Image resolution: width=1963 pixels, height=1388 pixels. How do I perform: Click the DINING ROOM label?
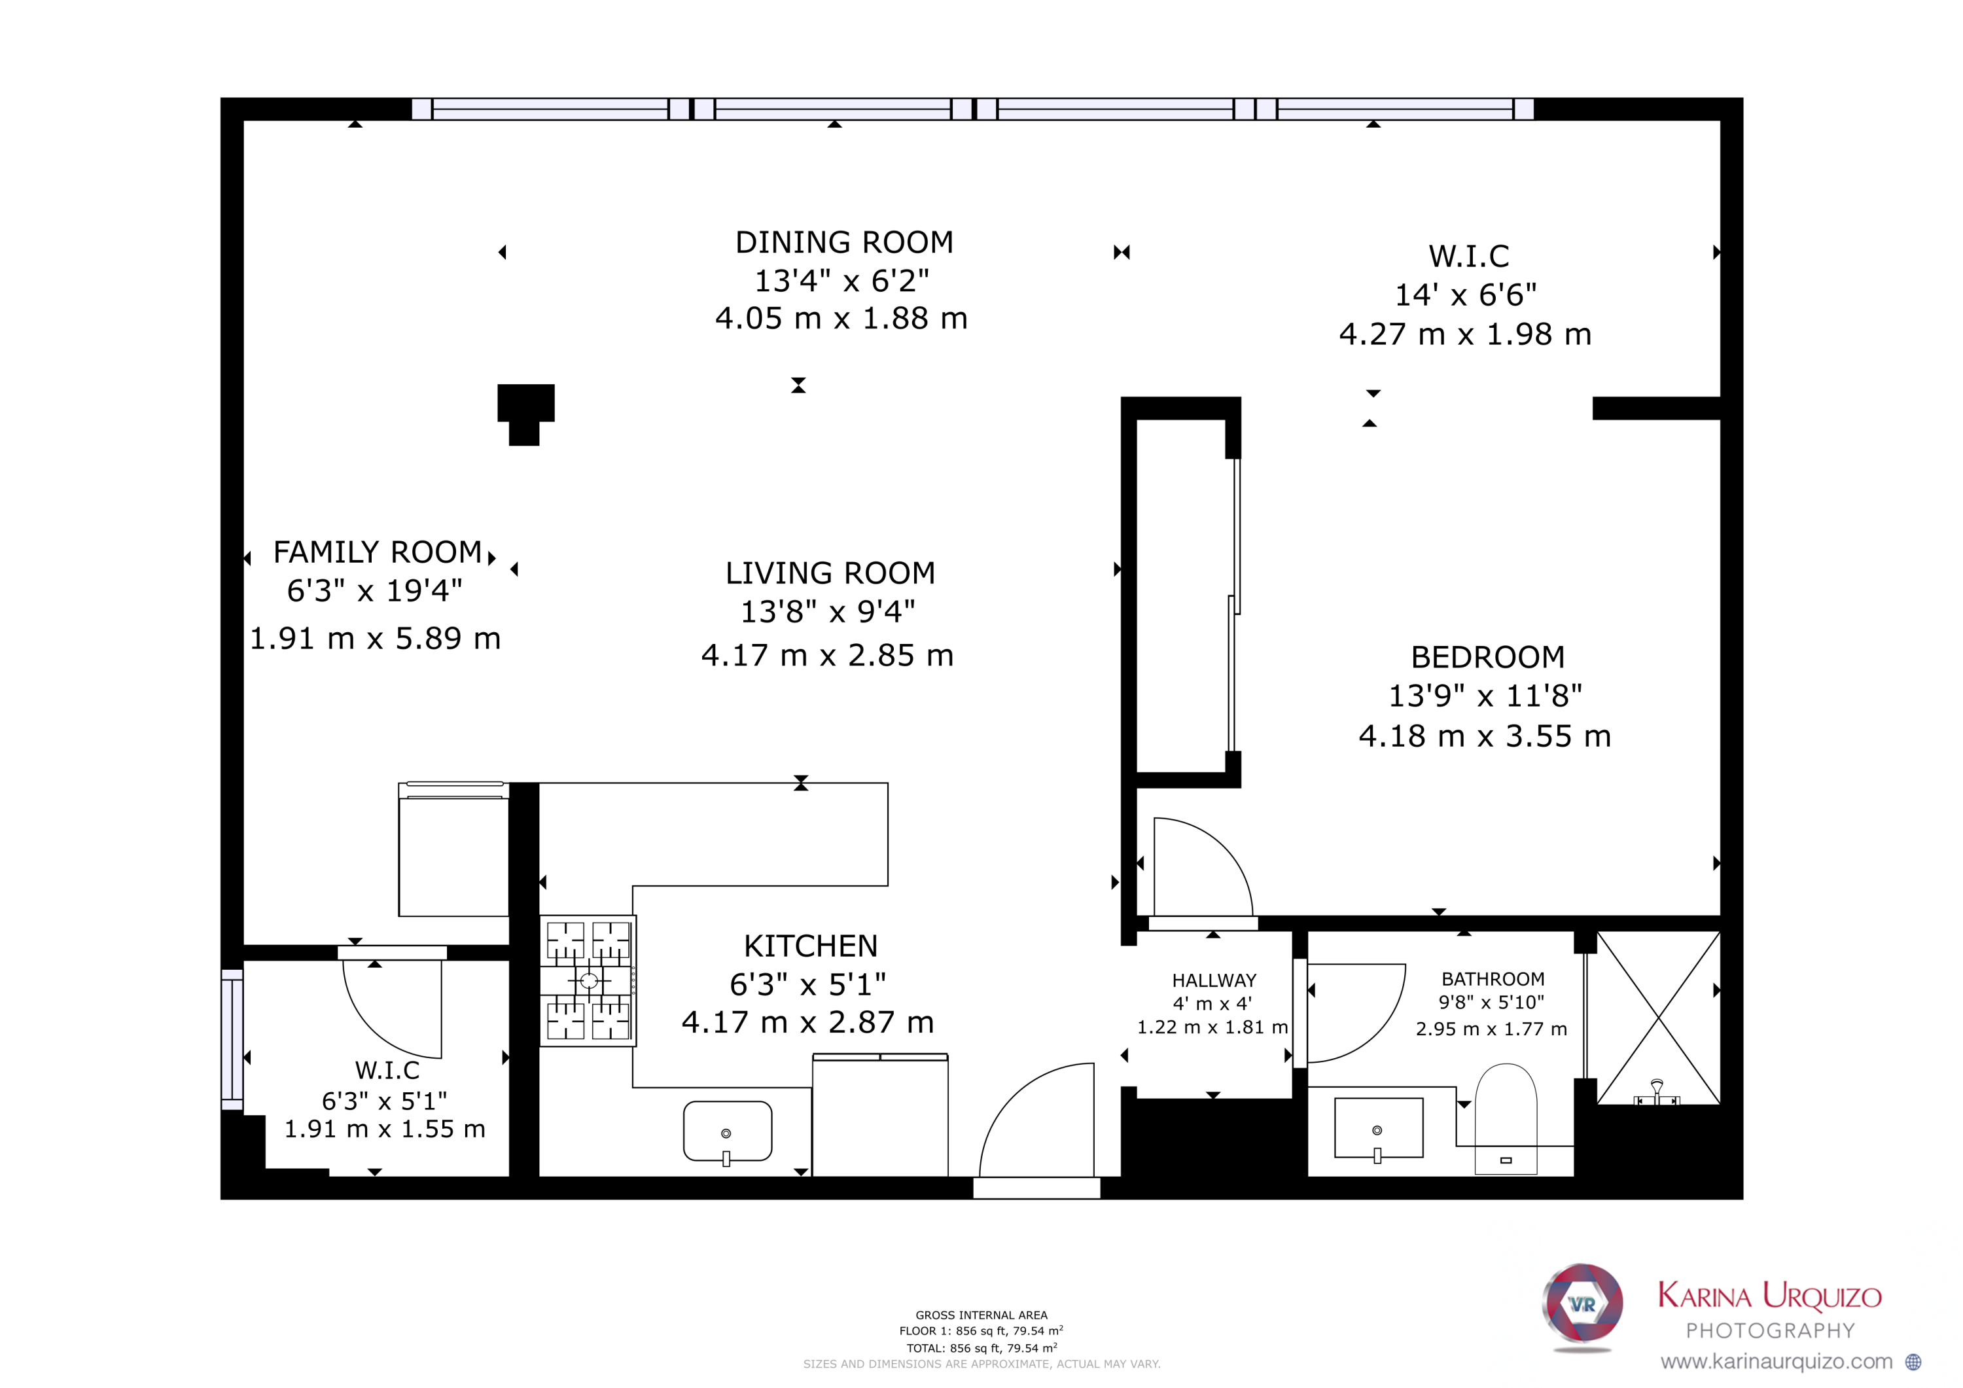[x=844, y=243]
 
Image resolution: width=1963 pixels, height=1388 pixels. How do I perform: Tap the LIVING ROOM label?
[x=830, y=573]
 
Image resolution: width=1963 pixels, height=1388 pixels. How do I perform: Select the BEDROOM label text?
[x=1488, y=658]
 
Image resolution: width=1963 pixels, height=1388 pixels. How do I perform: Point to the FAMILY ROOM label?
[x=378, y=552]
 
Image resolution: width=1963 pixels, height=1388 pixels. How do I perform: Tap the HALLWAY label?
[x=1214, y=981]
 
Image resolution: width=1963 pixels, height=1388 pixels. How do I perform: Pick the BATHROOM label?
[x=1493, y=979]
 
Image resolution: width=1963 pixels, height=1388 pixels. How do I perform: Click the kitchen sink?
[x=728, y=1132]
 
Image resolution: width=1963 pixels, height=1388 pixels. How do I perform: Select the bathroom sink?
[x=1378, y=1130]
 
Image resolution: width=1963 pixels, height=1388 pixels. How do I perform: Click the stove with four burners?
[x=588, y=981]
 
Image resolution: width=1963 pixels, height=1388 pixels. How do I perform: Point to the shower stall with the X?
[x=1658, y=1018]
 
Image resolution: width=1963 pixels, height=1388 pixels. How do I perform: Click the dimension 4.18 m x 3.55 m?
[x=1485, y=736]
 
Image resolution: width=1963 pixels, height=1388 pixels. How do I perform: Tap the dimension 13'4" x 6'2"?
[x=841, y=281]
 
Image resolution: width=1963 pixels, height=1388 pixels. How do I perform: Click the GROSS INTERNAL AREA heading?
[x=981, y=1315]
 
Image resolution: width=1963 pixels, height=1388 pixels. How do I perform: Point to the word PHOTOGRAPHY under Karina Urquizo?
[x=1771, y=1330]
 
